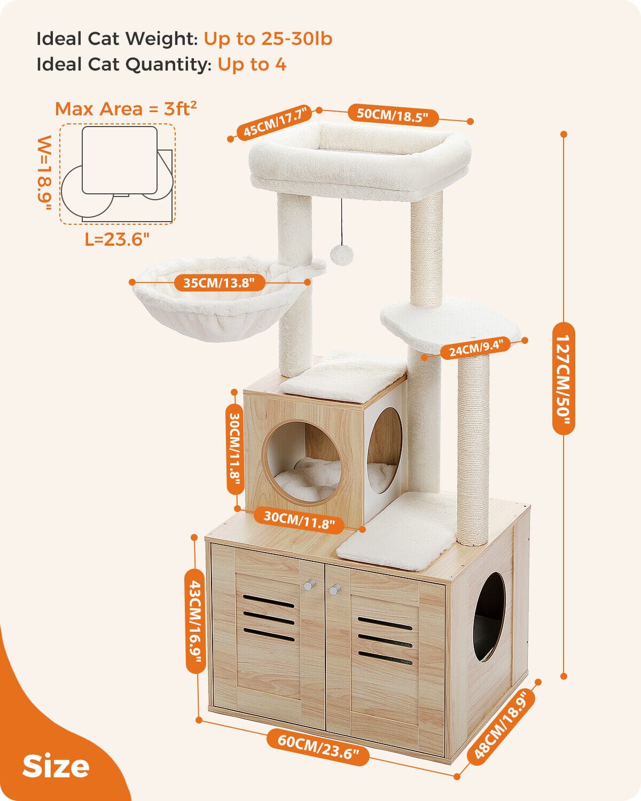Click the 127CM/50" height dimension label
[x=563, y=378]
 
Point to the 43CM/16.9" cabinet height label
[x=195, y=621]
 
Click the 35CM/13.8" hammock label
[x=219, y=282]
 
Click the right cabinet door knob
[x=335, y=588]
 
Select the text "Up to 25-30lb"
[x=268, y=38]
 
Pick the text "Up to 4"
[x=252, y=65]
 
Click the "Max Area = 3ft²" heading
[x=126, y=109]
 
